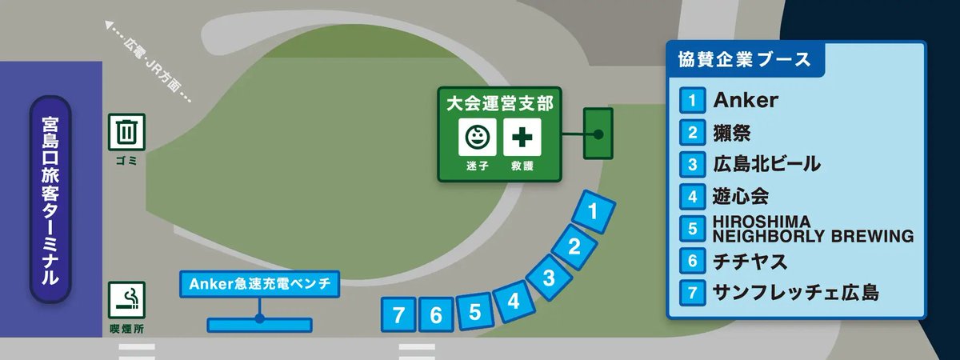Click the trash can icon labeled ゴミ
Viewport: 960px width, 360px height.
click(126, 131)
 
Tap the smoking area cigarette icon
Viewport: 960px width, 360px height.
click(126, 300)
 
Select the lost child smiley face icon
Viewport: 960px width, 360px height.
click(477, 138)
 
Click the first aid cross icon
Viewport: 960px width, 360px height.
click(522, 138)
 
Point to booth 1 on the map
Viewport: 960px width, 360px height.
click(594, 212)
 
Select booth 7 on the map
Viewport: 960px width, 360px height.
click(398, 315)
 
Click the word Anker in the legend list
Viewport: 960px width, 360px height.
click(745, 101)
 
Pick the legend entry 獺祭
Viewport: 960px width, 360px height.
click(731, 133)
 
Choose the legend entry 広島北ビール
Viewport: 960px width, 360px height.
click(766, 165)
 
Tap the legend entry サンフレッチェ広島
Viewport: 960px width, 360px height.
click(795, 293)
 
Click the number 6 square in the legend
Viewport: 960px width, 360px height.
click(691, 261)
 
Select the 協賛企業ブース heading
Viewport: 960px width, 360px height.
click(739, 59)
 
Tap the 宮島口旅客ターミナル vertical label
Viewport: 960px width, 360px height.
click(50, 200)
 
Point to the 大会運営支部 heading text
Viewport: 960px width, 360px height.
click(499, 103)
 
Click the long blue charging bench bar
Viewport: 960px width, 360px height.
click(259, 325)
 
